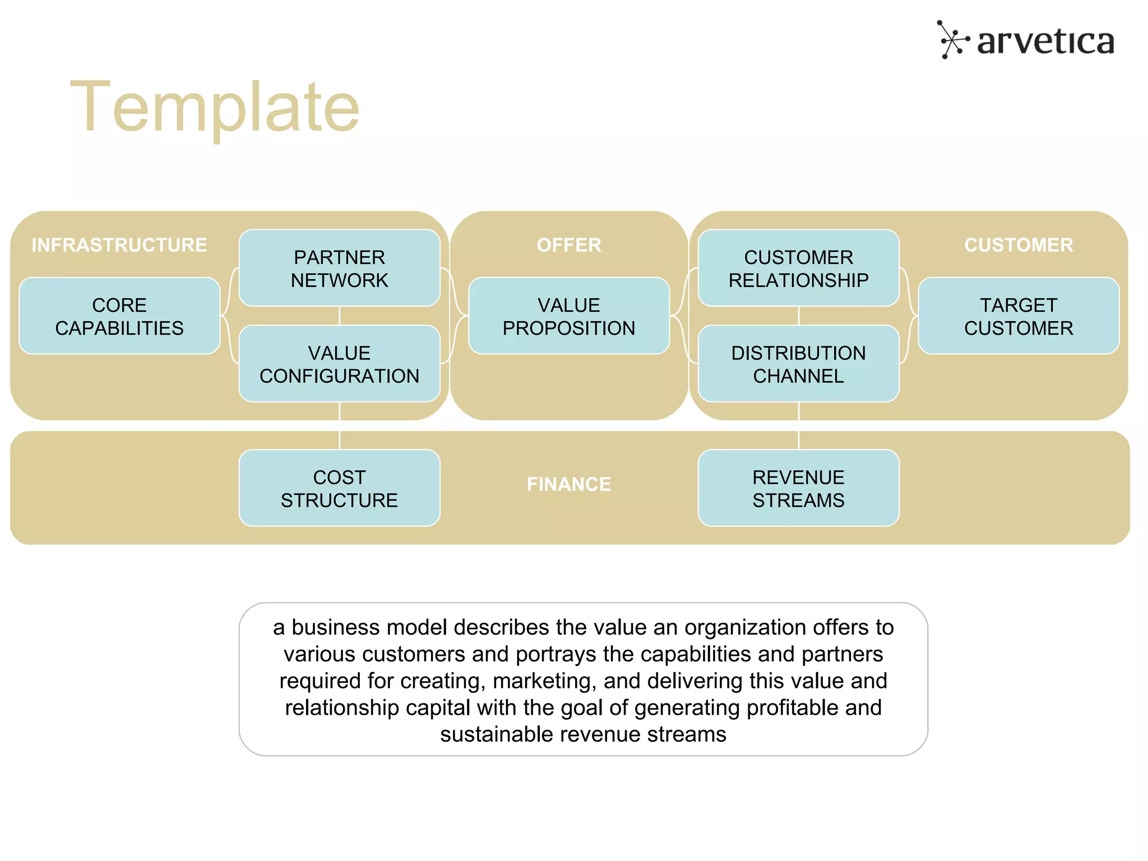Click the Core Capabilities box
tap(119, 316)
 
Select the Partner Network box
tap(339, 269)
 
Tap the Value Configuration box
tap(339, 364)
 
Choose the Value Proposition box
tap(569, 316)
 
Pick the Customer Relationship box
tap(798, 269)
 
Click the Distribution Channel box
tap(798, 364)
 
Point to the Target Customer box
tap(1019, 316)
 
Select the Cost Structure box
tap(339, 488)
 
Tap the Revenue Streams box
tap(798, 488)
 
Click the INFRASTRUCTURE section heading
tap(119, 245)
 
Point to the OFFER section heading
tap(569, 245)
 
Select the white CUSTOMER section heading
tap(1019, 245)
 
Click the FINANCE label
tap(569, 484)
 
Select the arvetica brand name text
tap(1045, 41)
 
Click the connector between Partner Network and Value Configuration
tap(339, 316)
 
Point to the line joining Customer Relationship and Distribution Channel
tap(798, 316)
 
